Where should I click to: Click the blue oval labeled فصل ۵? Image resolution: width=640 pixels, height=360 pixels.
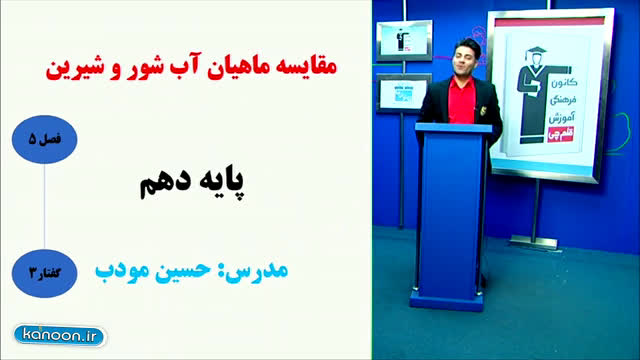point(44,140)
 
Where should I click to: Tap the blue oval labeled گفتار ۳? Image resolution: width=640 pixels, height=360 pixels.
point(44,273)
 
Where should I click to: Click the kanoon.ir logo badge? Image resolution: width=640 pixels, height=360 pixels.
point(60,336)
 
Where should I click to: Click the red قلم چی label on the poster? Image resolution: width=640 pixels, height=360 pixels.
point(561,135)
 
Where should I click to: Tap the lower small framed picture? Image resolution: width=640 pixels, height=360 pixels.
point(402,93)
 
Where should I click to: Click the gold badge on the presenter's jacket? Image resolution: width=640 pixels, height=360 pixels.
point(483,110)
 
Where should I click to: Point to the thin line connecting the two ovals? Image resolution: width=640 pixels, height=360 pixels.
point(44,207)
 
